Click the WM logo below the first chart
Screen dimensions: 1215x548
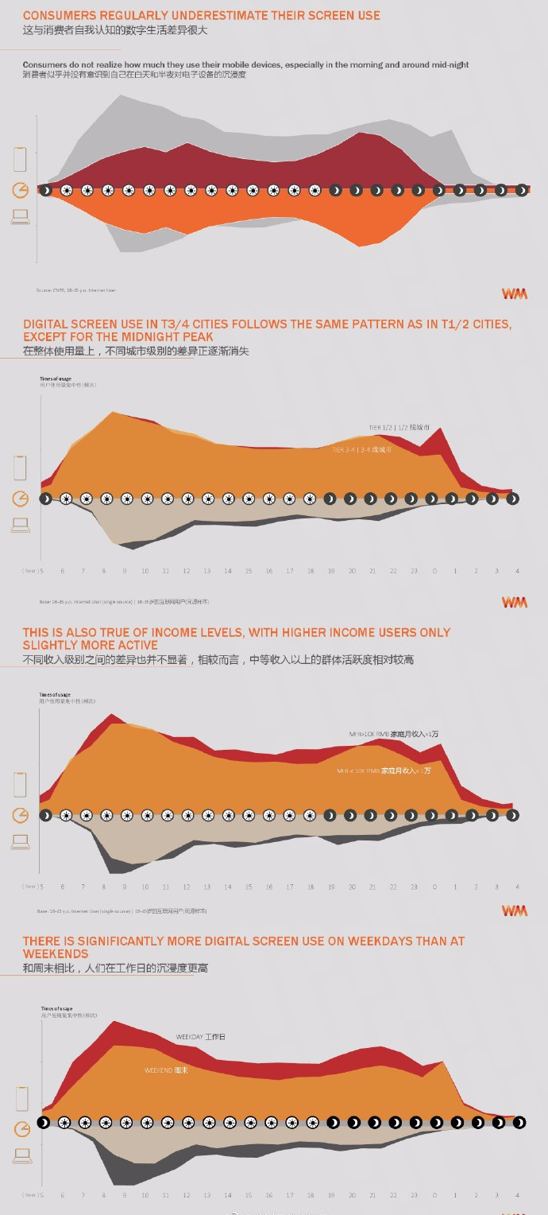(514, 293)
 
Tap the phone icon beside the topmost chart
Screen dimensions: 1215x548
(20, 159)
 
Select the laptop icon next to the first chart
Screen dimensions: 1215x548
(20, 216)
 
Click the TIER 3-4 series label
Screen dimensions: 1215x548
(361, 449)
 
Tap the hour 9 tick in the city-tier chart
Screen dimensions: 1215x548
(125, 571)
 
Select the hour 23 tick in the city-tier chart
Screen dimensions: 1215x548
(414, 571)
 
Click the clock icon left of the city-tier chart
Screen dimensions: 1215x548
(21, 499)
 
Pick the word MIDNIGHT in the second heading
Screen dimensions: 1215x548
(153, 337)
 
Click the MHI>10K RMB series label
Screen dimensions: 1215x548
(393, 734)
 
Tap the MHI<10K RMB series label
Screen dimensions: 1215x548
(384, 771)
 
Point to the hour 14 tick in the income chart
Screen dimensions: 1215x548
(228, 887)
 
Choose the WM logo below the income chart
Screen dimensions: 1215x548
(514, 910)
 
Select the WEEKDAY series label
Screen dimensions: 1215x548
(200, 1037)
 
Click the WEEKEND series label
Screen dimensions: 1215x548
(166, 1070)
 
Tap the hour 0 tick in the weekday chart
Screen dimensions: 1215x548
(434, 1195)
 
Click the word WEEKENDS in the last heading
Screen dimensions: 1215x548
(56, 953)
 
